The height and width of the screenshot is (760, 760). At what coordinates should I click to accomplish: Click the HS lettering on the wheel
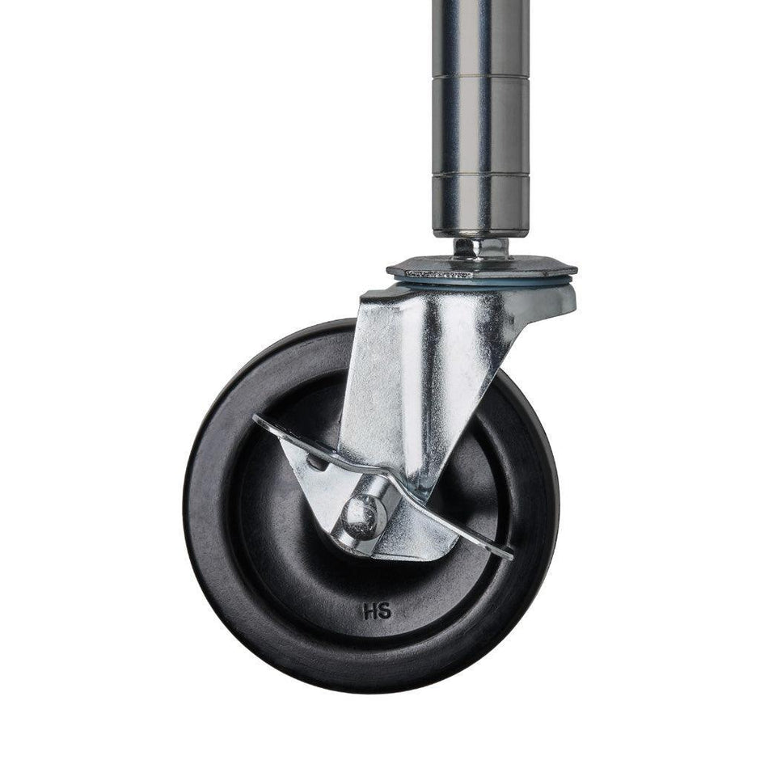(377, 611)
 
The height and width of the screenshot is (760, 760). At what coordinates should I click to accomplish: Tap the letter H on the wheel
(370, 611)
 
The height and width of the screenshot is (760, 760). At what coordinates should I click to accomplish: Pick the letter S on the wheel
(385, 611)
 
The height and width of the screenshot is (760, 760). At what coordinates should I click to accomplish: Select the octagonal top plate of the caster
(482, 268)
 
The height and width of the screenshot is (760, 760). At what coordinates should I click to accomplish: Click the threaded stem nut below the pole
(480, 247)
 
